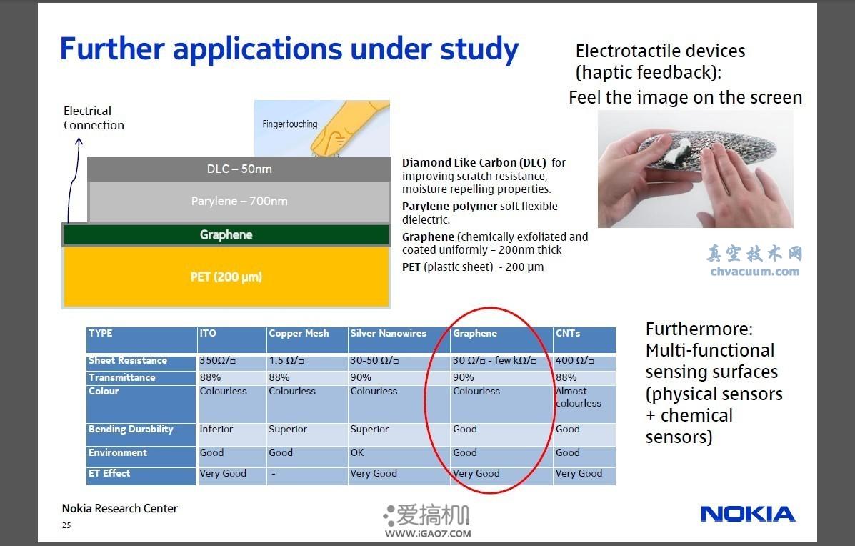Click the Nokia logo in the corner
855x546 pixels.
pos(748,514)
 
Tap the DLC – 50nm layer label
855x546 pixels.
pos(239,169)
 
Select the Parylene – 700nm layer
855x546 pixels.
pos(239,202)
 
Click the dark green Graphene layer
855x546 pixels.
pos(226,235)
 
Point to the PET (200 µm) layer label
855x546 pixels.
pos(226,277)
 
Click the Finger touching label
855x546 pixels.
pos(289,124)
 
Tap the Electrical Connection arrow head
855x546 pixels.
pos(79,142)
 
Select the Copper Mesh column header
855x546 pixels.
pos(299,333)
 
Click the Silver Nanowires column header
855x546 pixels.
pos(389,333)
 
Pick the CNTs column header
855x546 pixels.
pos(568,333)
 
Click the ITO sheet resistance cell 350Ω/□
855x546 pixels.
pos(218,360)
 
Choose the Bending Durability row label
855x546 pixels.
pos(131,430)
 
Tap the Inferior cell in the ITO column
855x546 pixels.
pos(216,430)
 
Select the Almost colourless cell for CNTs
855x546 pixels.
pos(579,397)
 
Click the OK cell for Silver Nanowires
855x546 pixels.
pos(357,452)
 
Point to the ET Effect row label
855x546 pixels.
pos(109,473)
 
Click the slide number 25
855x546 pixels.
pos(66,525)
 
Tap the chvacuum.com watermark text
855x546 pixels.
pos(755,271)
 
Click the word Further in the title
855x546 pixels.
pos(112,49)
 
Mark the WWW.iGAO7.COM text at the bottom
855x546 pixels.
pos(428,534)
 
